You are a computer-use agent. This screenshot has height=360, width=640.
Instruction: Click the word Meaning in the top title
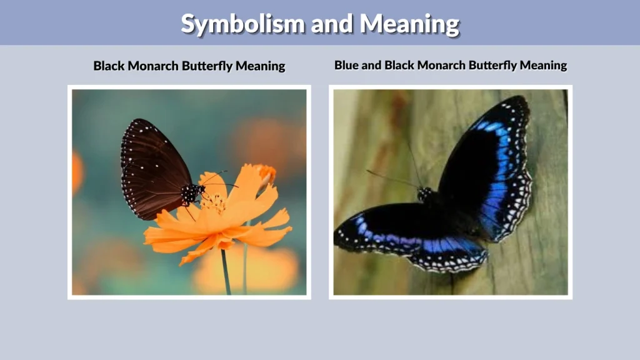tap(409, 24)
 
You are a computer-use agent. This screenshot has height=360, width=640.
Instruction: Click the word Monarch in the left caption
tap(152, 66)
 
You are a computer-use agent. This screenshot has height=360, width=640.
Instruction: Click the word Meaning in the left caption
tap(261, 66)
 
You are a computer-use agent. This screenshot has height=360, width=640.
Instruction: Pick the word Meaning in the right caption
tap(544, 65)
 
